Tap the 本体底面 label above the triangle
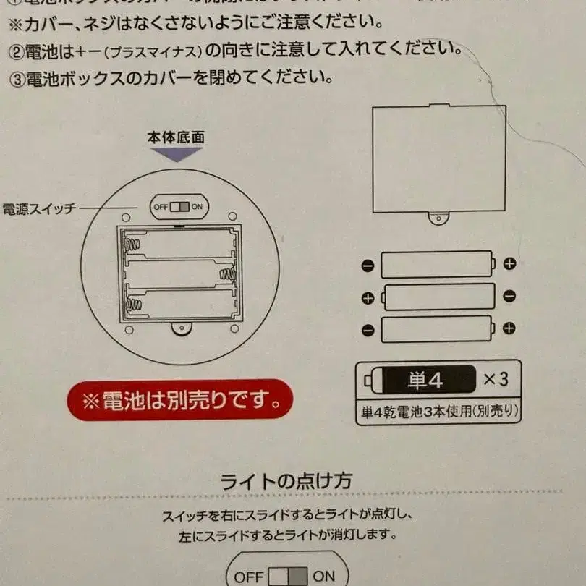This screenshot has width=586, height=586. tap(176, 137)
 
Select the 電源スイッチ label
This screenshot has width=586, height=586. tap(39, 209)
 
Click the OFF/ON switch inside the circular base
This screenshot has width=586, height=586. tap(179, 206)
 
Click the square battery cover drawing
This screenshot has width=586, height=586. tap(438, 158)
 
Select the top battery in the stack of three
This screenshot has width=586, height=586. tap(438, 265)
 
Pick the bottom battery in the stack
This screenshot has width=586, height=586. tap(438, 329)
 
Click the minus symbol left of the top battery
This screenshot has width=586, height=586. tap(368, 265)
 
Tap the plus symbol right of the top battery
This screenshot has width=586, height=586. tap(509, 263)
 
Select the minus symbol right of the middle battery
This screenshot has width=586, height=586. tap(509, 296)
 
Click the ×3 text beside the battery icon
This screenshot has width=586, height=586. tap(496, 379)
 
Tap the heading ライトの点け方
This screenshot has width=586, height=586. tap(286, 480)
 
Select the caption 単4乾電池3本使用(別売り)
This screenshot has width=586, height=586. tap(439, 412)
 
